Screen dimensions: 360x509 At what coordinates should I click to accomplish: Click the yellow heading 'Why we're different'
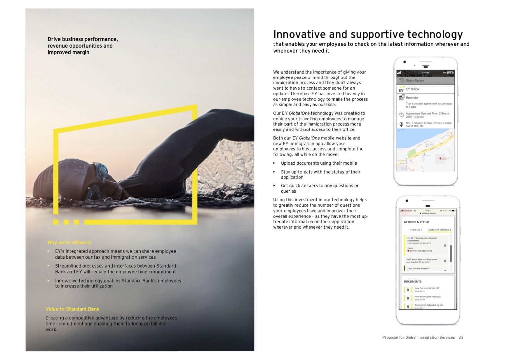point(69,243)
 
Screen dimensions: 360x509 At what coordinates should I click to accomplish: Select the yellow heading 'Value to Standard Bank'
point(72,309)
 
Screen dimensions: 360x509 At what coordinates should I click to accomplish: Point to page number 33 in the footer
point(461,337)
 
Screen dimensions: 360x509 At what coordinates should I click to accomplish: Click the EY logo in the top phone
point(401,90)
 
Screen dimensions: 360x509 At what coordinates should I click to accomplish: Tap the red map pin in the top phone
point(440,159)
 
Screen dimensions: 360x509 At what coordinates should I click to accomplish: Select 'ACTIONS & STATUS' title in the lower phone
point(416,222)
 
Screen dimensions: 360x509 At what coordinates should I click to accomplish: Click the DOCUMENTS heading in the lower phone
point(412,281)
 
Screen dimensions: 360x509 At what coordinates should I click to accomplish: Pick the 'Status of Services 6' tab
point(439,230)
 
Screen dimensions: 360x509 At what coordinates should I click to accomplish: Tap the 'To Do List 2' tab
point(416,230)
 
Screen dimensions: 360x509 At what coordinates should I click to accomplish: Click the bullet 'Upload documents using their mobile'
point(318,163)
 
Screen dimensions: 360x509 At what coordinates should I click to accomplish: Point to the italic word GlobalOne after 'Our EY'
point(299,113)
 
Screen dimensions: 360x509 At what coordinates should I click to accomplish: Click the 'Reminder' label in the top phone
point(412,98)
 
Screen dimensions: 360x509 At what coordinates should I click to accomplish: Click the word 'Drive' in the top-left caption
point(54,39)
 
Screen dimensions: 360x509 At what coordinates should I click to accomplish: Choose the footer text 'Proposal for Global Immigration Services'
point(418,337)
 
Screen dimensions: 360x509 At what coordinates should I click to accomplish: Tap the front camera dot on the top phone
point(404,62)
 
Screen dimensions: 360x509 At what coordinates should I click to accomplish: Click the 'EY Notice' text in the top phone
point(412,89)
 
